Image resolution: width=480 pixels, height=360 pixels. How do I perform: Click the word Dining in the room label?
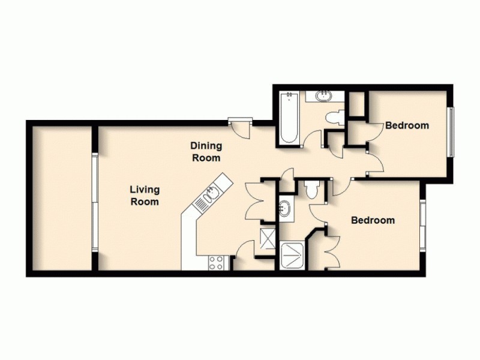(206, 145)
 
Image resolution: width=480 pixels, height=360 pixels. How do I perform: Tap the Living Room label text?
(145, 196)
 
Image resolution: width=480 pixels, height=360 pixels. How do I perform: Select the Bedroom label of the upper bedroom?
(407, 125)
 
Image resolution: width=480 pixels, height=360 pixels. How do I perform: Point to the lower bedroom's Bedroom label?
(373, 220)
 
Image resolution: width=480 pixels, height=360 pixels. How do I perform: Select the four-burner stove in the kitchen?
(216, 262)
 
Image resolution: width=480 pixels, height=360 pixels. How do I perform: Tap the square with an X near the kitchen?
(266, 238)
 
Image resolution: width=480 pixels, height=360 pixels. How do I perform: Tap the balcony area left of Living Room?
(61, 198)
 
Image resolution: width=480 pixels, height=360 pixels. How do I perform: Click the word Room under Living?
(146, 202)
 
